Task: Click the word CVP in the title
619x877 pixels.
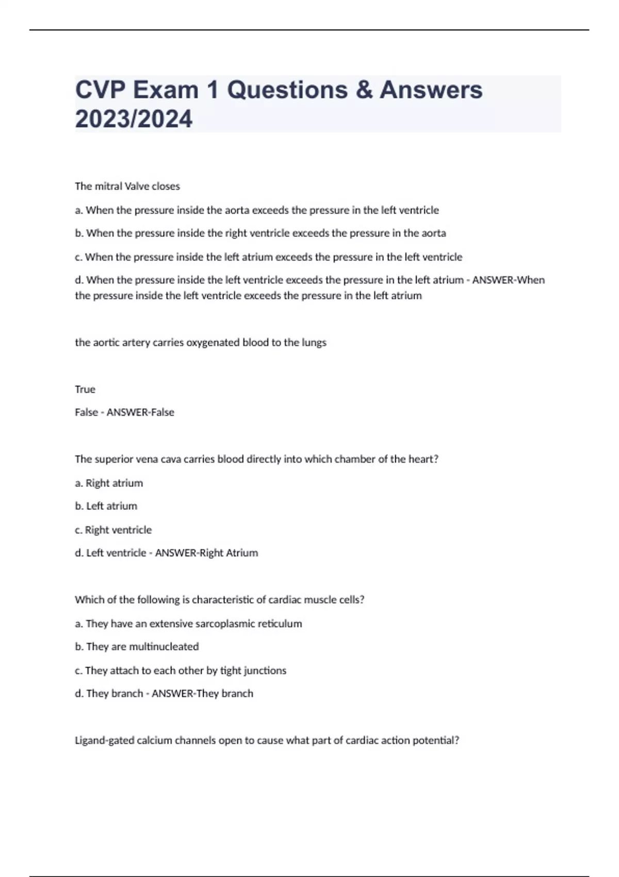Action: point(100,90)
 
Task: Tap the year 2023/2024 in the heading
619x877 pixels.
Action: point(134,119)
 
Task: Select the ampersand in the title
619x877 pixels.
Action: point(364,90)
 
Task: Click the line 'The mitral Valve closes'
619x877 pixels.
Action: point(127,186)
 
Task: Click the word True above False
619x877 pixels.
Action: point(85,389)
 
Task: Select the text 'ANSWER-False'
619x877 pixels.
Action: point(140,412)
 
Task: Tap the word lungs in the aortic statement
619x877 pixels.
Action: point(314,343)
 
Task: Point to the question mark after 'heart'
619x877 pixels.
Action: point(436,459)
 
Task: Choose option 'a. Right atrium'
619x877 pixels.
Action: point(109,483)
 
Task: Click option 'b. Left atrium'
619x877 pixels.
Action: point(106,506)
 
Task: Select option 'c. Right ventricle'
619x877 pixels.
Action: point(113,530)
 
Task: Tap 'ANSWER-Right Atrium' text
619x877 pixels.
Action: point(206,553)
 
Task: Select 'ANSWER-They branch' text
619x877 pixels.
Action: point(202,694)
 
